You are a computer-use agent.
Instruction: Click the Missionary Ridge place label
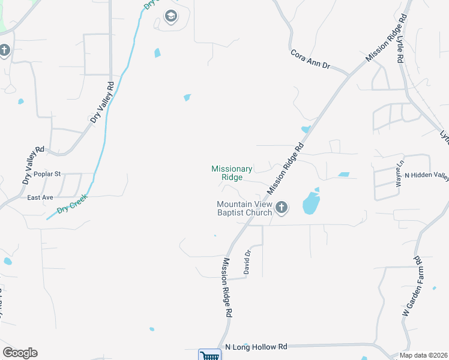(x=232, y=173)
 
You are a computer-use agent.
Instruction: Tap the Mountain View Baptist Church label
(x=244, y=208)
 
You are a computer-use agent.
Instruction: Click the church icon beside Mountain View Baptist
(x=282, y=208)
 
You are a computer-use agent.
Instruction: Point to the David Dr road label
(x=246, y=262)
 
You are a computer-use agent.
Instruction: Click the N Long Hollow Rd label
(x=256, y=347)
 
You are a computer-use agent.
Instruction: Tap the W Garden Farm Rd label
(x=412, y=287)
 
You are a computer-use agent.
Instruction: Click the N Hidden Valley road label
(x=427, y=175)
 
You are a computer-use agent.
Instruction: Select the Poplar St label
(x=47, y=174)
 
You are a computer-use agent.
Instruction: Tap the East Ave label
(x=40, y=197)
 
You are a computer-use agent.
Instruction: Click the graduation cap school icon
(x=170, y=16)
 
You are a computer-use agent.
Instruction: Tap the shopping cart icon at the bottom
(x=209, y=355)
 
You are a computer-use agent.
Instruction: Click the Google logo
(x=20, y=353)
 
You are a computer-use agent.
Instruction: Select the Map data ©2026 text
(x=423, y=355)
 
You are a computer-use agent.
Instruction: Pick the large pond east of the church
(x=310, y=203)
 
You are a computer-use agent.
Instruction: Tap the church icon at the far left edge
(x=4, y=50)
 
